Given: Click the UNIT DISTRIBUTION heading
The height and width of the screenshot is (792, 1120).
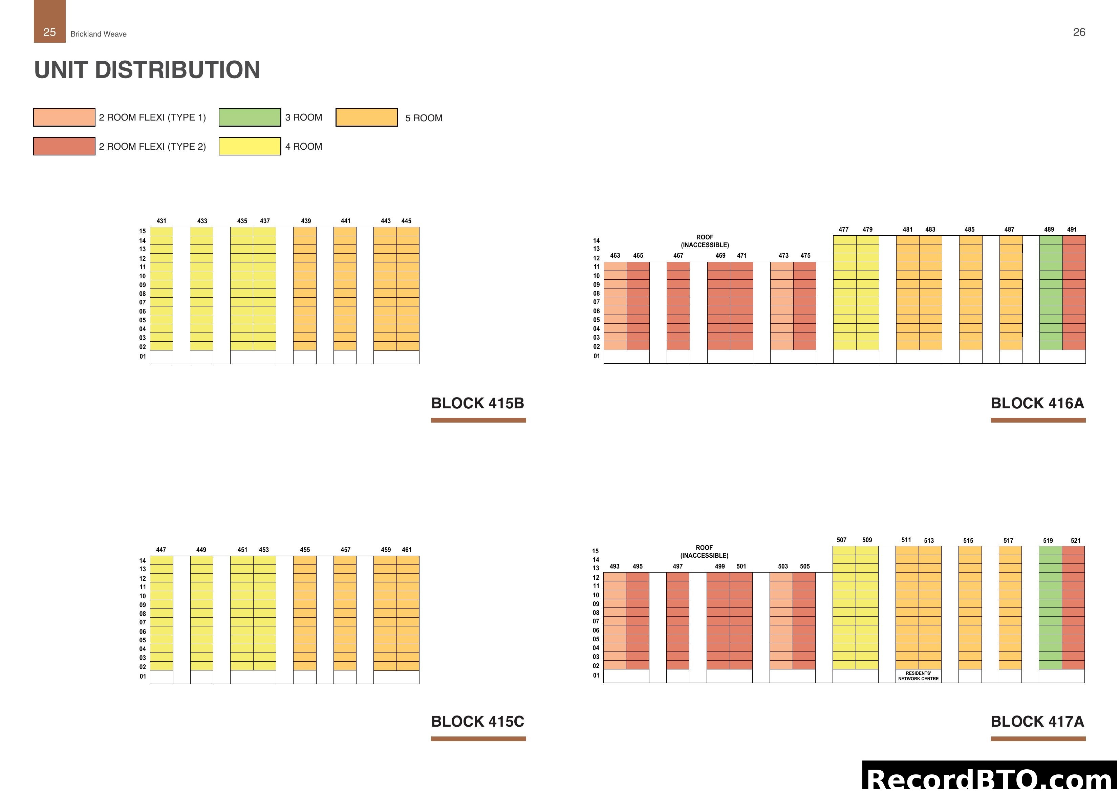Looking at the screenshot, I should click(147, 70).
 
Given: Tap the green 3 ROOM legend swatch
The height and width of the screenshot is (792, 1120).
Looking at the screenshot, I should click(250, 117).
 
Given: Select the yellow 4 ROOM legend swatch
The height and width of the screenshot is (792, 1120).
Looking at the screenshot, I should click(250, 146).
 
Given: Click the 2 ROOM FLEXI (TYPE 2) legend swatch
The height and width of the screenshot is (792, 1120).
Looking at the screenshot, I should click(64, 146).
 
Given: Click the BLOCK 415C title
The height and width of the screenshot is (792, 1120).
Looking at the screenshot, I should click(478, 722).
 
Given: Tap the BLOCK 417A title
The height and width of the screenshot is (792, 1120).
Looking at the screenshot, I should click(1037, 722).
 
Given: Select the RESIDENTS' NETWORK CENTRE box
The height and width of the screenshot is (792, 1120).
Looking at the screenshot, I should click(918, 676).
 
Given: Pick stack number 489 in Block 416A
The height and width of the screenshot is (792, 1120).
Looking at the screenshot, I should click(1049, 229).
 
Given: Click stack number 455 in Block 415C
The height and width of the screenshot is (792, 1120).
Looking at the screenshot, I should click(305, 550).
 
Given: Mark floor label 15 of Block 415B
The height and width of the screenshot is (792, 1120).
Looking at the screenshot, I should click(143, 231).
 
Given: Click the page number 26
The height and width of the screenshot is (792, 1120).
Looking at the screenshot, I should click(1079, 32).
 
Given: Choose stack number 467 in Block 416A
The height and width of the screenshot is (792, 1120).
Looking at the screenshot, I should click(678, 256).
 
